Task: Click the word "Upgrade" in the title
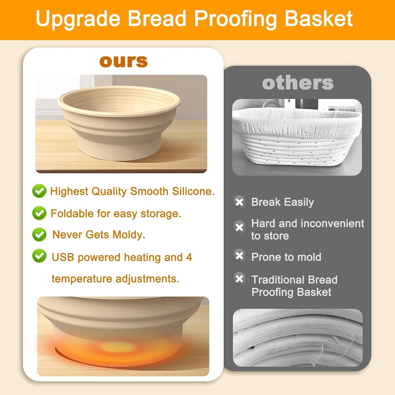pos(78,19)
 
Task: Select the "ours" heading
pos(124,61)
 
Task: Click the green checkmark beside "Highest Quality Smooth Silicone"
pos(39,191)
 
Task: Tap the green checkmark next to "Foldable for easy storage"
pos(39,213)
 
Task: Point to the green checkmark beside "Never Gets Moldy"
pos(39,234)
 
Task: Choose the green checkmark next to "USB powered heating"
pos(39,256)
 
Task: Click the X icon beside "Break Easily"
pos(239,202)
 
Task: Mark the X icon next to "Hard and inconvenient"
pos(239,227)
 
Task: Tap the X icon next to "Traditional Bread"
pos(239,279)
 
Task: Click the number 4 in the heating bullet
pos(189,257)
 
